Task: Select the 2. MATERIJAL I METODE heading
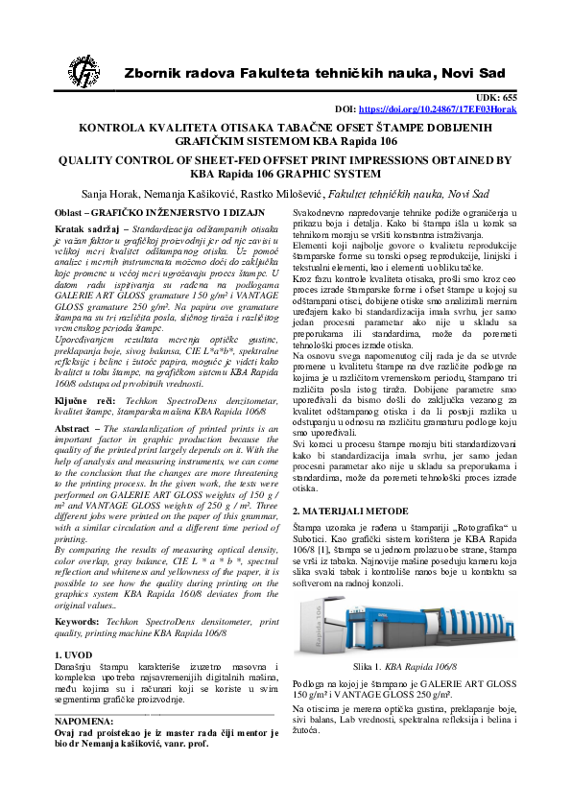[347, 513]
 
